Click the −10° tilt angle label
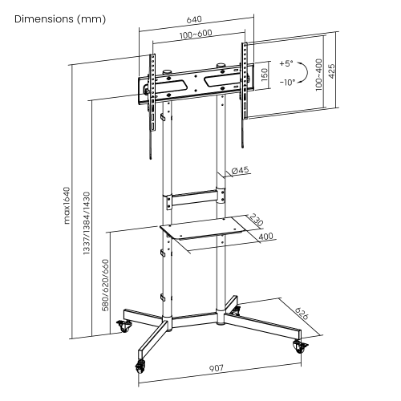(286, 81)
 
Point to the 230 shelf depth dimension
(255, 221)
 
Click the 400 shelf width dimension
(266, 236)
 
